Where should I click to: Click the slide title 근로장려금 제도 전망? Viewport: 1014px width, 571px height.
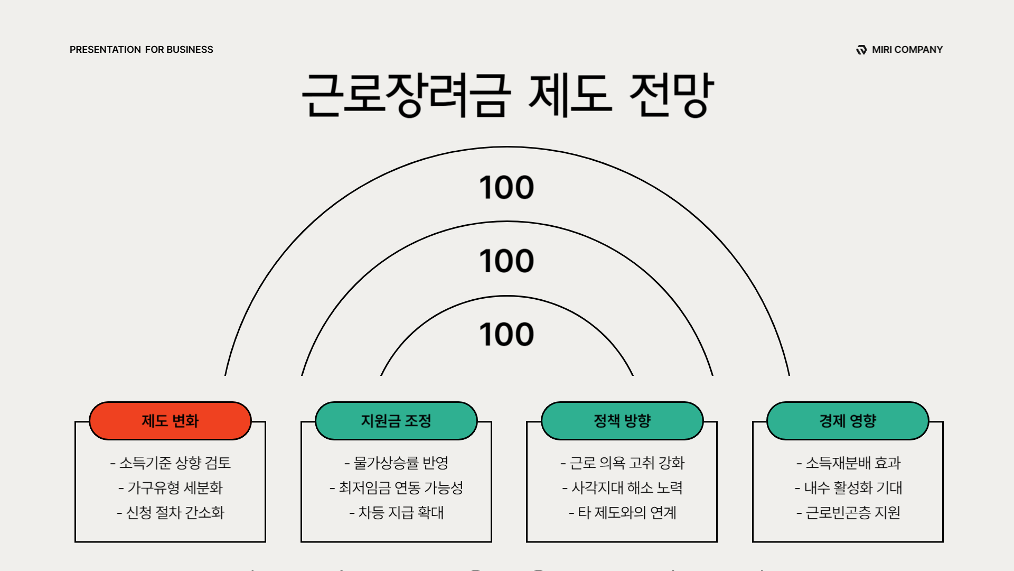click(x=507, y=95)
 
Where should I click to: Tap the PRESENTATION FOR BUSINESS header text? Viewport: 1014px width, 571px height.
click(x=141, y=50)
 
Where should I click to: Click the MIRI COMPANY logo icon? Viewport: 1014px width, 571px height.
click(x=861, y=50)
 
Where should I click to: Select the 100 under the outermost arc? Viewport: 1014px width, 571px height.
click(x=506, y=188)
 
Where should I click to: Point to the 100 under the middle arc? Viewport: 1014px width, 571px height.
click(x=506, y=261)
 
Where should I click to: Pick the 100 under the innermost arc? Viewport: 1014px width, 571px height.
click(x=506, y=335)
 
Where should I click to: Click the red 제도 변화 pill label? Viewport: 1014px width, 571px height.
click(x=170, y=421)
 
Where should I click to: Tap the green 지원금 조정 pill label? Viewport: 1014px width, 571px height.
click(x=396, y=421)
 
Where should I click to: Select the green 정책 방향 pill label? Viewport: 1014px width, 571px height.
click(x=622, y=421)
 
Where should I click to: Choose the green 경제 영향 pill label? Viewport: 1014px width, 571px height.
click(x=848, y=421)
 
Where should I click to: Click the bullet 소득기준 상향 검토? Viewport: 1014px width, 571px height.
click(x=171, y=463)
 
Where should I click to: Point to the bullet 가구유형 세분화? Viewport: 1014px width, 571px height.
click(x=171, y=487)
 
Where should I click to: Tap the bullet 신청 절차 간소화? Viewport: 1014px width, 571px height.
click(x=171, y=512)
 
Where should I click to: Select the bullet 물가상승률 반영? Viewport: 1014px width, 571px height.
click(x=397, y=463)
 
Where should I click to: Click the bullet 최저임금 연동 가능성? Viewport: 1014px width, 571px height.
click(x=397, y=487)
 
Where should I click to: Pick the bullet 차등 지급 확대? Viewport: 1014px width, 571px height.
click(x=397, y=512)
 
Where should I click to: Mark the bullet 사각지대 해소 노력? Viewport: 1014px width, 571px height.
click(x=623, y=487)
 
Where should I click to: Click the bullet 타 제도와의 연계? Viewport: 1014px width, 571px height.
click(x=623, y=512)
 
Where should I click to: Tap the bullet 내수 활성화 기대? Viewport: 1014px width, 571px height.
click(x=848, y=487)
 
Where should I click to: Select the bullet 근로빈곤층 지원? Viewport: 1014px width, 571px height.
click(x=848, y=512)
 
